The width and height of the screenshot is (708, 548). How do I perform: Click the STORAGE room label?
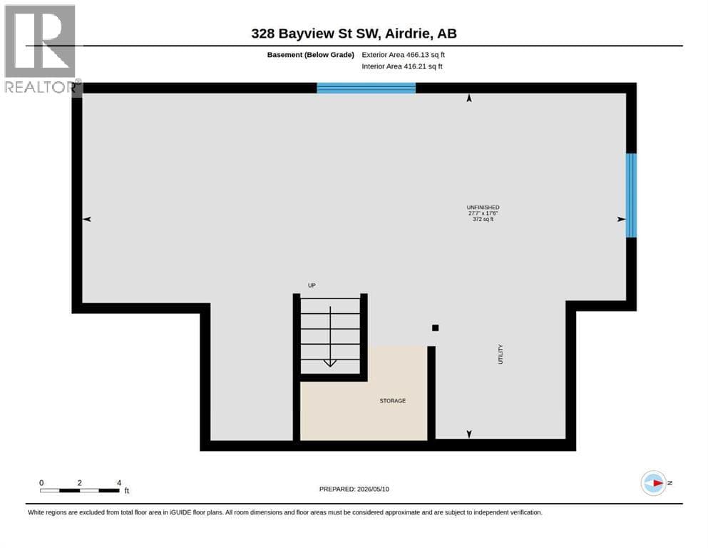[392, 401]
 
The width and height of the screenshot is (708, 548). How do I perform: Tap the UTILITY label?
[501, 354]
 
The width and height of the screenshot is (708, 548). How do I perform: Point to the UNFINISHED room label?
[483, 208]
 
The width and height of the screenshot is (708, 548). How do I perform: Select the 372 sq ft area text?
[483, 219]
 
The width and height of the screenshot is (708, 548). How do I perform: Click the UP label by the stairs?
[312, 285]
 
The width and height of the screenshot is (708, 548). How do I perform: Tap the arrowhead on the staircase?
[330, 362]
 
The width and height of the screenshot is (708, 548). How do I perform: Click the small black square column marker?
[435, 328]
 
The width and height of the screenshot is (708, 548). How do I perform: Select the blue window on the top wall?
[366, 88]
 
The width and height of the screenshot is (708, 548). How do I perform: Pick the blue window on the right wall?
[631, 196]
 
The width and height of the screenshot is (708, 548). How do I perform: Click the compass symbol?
[653, 483]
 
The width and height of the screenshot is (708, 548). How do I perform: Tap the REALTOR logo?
[41, 49]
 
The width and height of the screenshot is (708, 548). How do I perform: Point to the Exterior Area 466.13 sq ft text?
[404, 55]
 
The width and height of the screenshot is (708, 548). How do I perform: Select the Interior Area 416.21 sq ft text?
[402, 66]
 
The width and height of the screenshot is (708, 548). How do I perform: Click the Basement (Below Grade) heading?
[311, 55]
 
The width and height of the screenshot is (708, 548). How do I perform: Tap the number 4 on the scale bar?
[119, 483]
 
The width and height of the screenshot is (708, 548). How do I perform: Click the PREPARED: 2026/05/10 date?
[354, 489]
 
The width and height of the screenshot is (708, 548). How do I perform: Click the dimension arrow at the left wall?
[87, 219]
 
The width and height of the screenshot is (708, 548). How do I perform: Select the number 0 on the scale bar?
[41, 483]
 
